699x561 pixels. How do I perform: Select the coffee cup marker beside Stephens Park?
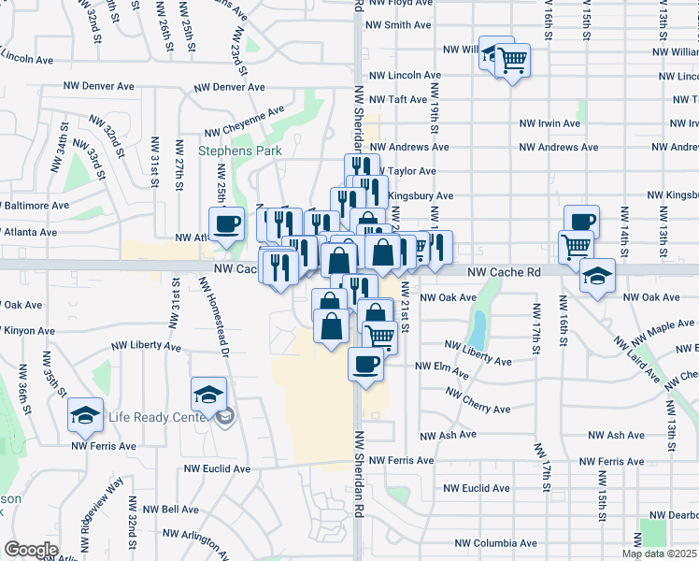tap(226, 224)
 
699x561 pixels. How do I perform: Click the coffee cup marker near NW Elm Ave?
tap(365, 363)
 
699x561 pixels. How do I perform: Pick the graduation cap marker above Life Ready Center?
tap(208, 395)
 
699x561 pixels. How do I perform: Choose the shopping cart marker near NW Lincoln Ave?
tap(512, 62)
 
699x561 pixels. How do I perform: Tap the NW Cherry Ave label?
tap(478, 403)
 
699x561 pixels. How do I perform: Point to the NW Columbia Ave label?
tap(495, 543)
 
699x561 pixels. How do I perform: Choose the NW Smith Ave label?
tap(401, 25)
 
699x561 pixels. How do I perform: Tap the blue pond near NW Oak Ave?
tap(478, 328)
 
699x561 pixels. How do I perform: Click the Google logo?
tap(31, 550)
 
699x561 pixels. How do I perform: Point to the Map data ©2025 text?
tap(660, 554)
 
